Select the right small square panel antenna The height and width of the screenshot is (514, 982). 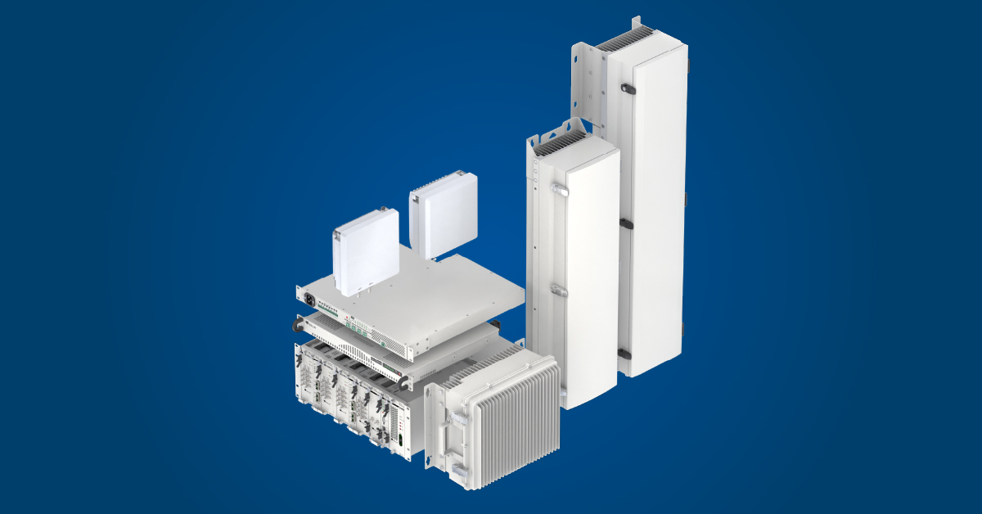tap(443, 219)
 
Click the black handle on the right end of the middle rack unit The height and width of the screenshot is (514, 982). tap(403, 378)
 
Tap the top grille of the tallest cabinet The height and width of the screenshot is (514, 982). tap(625, 38)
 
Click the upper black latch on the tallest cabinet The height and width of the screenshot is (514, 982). tap(627, 88)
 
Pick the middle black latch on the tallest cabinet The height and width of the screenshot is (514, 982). tap(624, 223)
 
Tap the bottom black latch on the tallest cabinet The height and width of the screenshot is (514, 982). tap(624, 354)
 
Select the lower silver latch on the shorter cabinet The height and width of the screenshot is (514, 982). tap(558, 290)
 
